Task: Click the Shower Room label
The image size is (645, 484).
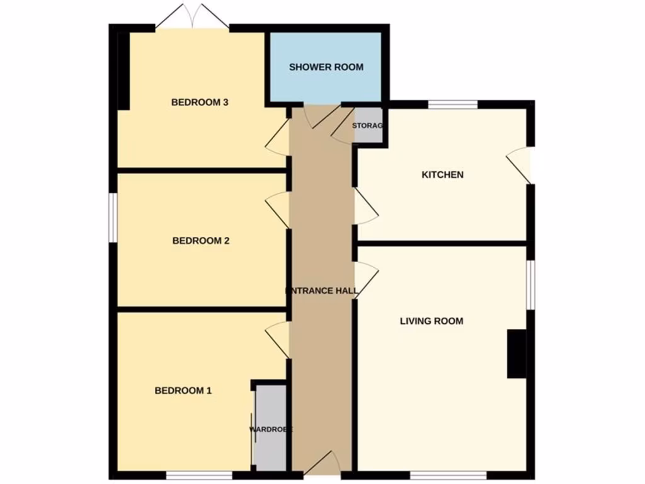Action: click(326, 67)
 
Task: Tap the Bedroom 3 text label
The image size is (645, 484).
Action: click(199, 102)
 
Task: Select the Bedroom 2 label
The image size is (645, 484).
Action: click(200, 241)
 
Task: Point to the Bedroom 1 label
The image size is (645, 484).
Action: click(183, 391)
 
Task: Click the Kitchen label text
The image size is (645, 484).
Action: click(442, 175)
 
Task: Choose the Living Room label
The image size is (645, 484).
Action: click(431, 321)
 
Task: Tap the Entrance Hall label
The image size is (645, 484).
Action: click(322, 291)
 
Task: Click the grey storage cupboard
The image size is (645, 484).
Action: click(368, 126)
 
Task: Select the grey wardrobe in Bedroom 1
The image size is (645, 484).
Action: click(271, 427)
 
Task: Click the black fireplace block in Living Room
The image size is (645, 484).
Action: click(517, 354)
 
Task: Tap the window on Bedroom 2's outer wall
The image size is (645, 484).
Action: click(112, 216)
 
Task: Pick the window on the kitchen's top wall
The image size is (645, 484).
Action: click(454, 104)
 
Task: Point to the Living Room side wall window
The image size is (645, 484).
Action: click(530, 285)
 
